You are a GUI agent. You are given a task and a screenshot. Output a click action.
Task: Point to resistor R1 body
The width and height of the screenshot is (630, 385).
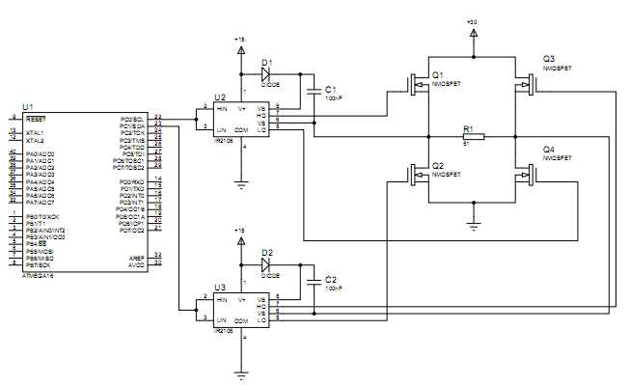pos(470,137)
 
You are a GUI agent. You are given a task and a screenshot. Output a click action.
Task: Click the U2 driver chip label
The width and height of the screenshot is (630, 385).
pos(220,97)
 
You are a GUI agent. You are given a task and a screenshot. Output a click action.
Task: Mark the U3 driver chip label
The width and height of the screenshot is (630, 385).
pos(220,288)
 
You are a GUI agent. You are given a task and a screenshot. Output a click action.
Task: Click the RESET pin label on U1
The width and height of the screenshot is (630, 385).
pos(36,118)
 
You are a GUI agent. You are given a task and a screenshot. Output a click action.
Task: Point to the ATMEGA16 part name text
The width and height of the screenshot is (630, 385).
pos(40,274)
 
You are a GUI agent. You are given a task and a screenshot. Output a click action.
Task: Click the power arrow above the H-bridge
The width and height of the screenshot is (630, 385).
pos(473,34)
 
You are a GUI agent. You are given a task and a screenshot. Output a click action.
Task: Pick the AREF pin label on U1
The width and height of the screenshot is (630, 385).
pos(136,257)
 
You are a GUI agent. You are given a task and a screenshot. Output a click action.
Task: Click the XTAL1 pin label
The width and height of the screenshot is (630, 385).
pos(35,132)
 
